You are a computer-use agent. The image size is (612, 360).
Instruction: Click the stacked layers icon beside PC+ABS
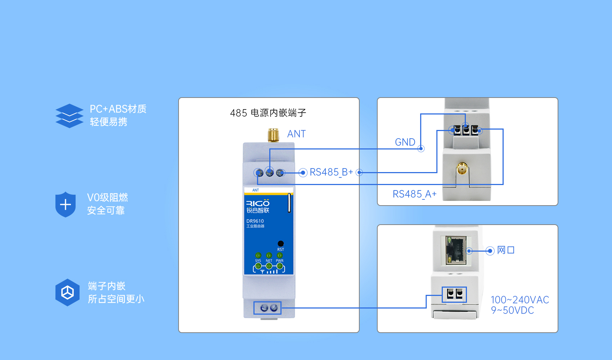[x=69, y=116]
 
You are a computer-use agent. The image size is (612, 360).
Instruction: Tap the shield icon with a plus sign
[x=66, y=204]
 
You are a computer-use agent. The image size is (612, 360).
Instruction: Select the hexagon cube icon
[x=67, y=292]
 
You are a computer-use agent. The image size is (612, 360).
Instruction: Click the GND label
[x=405, y=142]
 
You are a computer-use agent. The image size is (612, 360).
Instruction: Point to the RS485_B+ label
[x=331, y=172]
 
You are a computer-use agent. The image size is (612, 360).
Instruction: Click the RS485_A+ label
[x=414, y=194]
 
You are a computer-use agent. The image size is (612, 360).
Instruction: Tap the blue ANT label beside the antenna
[x=296, y=134]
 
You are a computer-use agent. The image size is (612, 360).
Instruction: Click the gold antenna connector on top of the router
[x=273, y=135]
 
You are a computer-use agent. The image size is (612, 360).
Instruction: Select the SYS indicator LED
[x=258, y=255]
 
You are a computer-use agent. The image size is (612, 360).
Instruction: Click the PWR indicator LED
[x=280, y=255]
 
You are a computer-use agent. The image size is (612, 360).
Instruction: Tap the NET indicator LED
[x=269, y=255]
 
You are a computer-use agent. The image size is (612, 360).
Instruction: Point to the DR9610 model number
[x=255, y=221]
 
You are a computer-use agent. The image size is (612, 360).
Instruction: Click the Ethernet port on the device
[x=456, y=250]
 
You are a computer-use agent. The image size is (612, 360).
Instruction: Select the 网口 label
[x=505, y=250]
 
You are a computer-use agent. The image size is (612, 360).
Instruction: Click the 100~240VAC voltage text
[x=519, y=300]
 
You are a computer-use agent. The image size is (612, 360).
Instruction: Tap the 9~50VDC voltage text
[x=512, y=310]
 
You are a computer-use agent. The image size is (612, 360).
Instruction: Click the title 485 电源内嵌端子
[x=268, y=113]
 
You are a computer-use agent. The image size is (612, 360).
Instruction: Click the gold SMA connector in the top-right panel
[x=462, y=168]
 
